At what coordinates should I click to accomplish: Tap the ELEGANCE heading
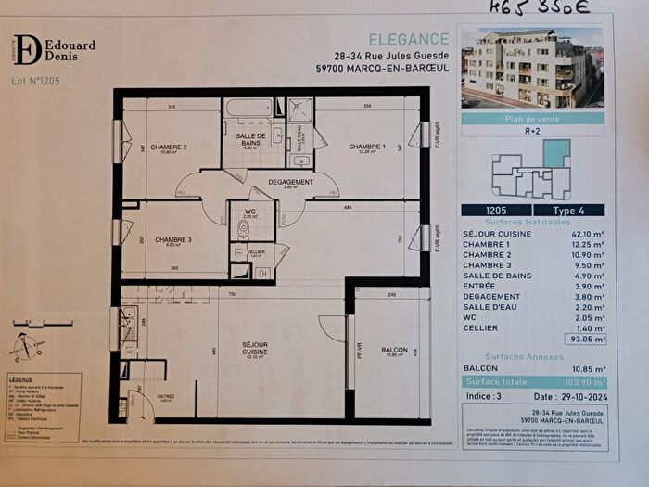(x=409, y=38)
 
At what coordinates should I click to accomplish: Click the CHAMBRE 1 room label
(x=366, y=147)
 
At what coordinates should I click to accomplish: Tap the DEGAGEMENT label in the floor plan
(x=291, y=182)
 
